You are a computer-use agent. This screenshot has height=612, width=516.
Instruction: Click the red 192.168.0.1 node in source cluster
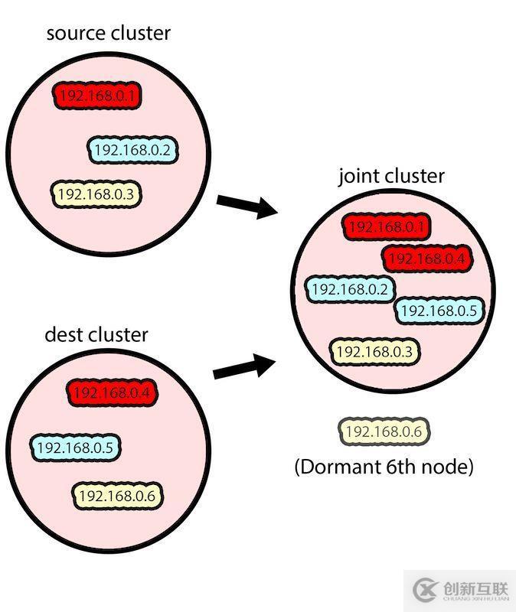99,96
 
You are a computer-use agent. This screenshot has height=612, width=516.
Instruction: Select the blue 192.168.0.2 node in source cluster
134,150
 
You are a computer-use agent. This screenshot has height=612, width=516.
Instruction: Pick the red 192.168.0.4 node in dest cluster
113,393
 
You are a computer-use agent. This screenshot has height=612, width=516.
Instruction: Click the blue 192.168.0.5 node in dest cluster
76,447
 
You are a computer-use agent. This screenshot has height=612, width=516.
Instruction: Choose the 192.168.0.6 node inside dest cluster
117,496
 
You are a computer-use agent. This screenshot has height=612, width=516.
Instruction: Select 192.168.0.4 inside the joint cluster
426,259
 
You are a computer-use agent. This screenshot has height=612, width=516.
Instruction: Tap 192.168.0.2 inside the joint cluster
351,290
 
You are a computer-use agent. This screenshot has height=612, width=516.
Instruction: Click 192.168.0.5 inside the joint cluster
439,311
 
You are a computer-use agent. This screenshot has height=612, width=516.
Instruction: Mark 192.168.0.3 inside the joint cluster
375,351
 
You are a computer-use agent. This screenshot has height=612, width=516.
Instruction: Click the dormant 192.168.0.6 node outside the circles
384,431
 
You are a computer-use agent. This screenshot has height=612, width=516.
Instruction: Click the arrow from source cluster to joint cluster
246,206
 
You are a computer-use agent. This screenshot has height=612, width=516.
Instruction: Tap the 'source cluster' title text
109,34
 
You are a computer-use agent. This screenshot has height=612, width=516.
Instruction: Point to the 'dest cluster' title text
96,334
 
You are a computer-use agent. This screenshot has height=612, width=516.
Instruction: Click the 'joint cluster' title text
391,176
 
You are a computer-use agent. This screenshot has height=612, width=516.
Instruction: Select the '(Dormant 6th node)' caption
384,467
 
